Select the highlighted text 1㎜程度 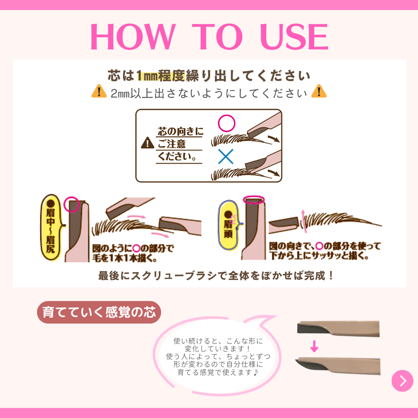point(160,76)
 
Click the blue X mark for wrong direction point(226,156)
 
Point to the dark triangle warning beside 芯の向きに point(147,144)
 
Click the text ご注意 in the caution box point(172,144)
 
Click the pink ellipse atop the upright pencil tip point(254,200)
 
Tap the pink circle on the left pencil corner point(72,204)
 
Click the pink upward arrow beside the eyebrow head point(303,220)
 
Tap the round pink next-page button point(402,381)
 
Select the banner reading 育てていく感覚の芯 point(99,312)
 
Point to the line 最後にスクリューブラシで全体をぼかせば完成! point(216,276)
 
